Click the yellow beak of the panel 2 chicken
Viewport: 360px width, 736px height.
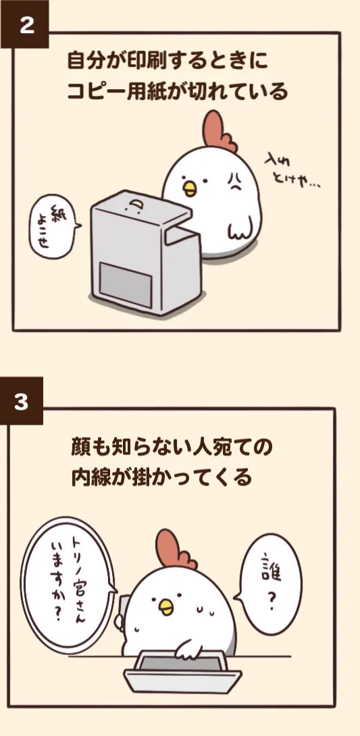pos(190,187)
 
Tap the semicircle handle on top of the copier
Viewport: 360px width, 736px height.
pos(136,205)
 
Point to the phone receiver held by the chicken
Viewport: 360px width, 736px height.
pos(122,611)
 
